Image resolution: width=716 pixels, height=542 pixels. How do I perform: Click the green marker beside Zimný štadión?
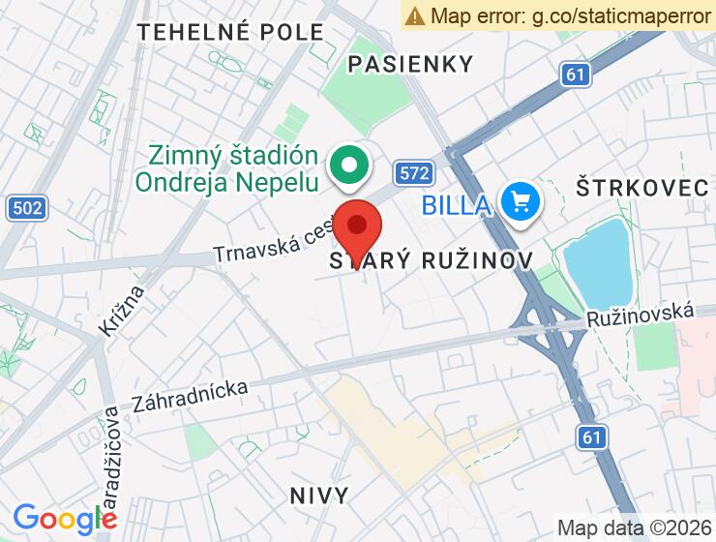pyautogui.click(x=345, y=166)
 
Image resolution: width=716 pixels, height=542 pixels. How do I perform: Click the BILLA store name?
pyautogui.click(x=456, y=204)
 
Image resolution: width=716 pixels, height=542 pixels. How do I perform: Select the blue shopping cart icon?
pyautogui.click(x=521, y=201)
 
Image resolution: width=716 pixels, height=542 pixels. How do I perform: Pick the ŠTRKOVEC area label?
pyautogui.click(x=642, y=188)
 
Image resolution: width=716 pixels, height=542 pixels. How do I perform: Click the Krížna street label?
pyautogui.click(x=121, y=310)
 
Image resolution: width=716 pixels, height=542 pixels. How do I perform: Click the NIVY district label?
pyautogui.click(x=318, y=496)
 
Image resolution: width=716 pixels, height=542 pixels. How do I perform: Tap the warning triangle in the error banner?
pyautogui.click(x=415, y=15)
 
